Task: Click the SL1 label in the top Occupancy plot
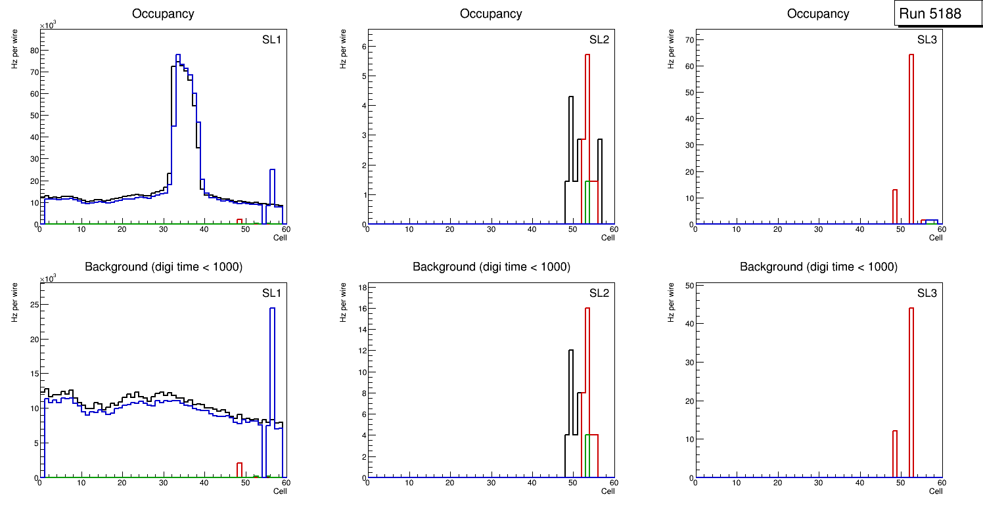pos(272,39)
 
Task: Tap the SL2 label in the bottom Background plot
pos(599,293)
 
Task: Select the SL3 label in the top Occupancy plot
pos(926,39)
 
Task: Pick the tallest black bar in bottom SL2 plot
pos(571,407)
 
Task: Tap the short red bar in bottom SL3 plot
pos(895,453)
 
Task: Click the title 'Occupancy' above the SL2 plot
pos(491,13)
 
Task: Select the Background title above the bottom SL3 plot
pos(818,267)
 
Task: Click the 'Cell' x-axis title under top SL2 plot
pos(608,238)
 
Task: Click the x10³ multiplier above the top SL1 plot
pos(49,25)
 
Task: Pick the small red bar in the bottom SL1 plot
pos(240,470)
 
